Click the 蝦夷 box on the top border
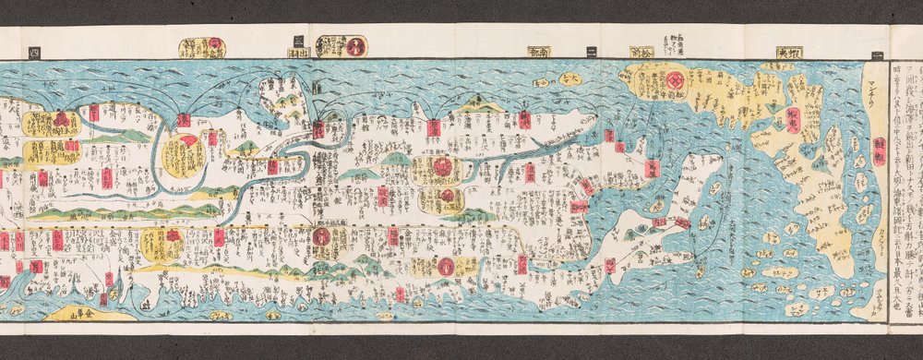[789, 52]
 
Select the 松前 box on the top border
[641, 52]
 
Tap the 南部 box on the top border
[539, 52]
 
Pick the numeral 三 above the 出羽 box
[297, 40]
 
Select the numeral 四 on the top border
[35, 51]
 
